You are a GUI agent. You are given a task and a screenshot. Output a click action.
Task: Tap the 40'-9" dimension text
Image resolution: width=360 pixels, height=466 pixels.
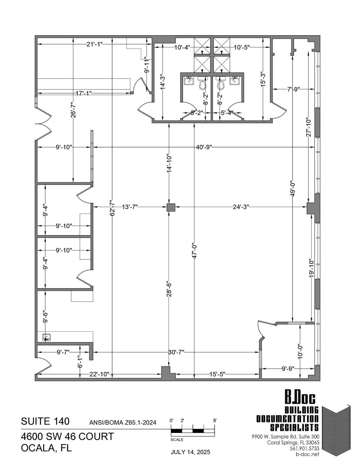(x=204, y=147)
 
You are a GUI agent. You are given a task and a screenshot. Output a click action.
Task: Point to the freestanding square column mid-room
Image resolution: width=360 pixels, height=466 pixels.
(x=171, y=207)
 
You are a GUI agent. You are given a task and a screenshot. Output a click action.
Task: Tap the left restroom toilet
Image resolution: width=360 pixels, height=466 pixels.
(x=202, y=83)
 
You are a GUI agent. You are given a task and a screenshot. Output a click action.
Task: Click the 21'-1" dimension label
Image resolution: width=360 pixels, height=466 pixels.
(x=95, y=44)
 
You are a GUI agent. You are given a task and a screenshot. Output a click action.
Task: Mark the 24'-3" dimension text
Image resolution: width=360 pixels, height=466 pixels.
(x=241, y=207)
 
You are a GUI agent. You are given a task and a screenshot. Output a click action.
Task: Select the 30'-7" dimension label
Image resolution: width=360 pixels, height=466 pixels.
(x=176, y=352)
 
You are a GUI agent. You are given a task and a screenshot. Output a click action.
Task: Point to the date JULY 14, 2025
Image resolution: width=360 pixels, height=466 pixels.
(x=190, y=452)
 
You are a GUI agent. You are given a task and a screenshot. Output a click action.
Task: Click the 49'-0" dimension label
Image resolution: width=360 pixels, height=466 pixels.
(x=292, y=189)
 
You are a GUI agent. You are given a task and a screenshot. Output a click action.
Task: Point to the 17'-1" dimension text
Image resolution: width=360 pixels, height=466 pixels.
(x=84, y=93)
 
